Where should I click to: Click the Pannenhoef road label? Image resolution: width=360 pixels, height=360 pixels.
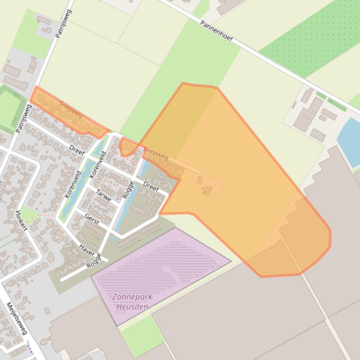(216, 31)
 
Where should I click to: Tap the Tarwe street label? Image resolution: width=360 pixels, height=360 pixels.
(103, 195)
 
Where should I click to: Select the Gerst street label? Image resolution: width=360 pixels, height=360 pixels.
(91, 220)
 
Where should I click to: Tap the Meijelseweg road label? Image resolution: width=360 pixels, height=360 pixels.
(17, 318)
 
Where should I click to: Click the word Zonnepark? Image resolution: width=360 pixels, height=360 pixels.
(132, 297)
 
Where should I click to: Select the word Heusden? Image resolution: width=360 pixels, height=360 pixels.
(132, 307)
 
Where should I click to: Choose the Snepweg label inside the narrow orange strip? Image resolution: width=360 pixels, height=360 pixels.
(71, 109)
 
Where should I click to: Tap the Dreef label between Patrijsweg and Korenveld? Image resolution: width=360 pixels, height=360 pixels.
(77, 150)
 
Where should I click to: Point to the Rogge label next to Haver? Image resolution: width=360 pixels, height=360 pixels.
(94, 260)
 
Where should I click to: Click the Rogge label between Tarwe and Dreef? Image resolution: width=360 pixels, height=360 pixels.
(127, 190)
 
